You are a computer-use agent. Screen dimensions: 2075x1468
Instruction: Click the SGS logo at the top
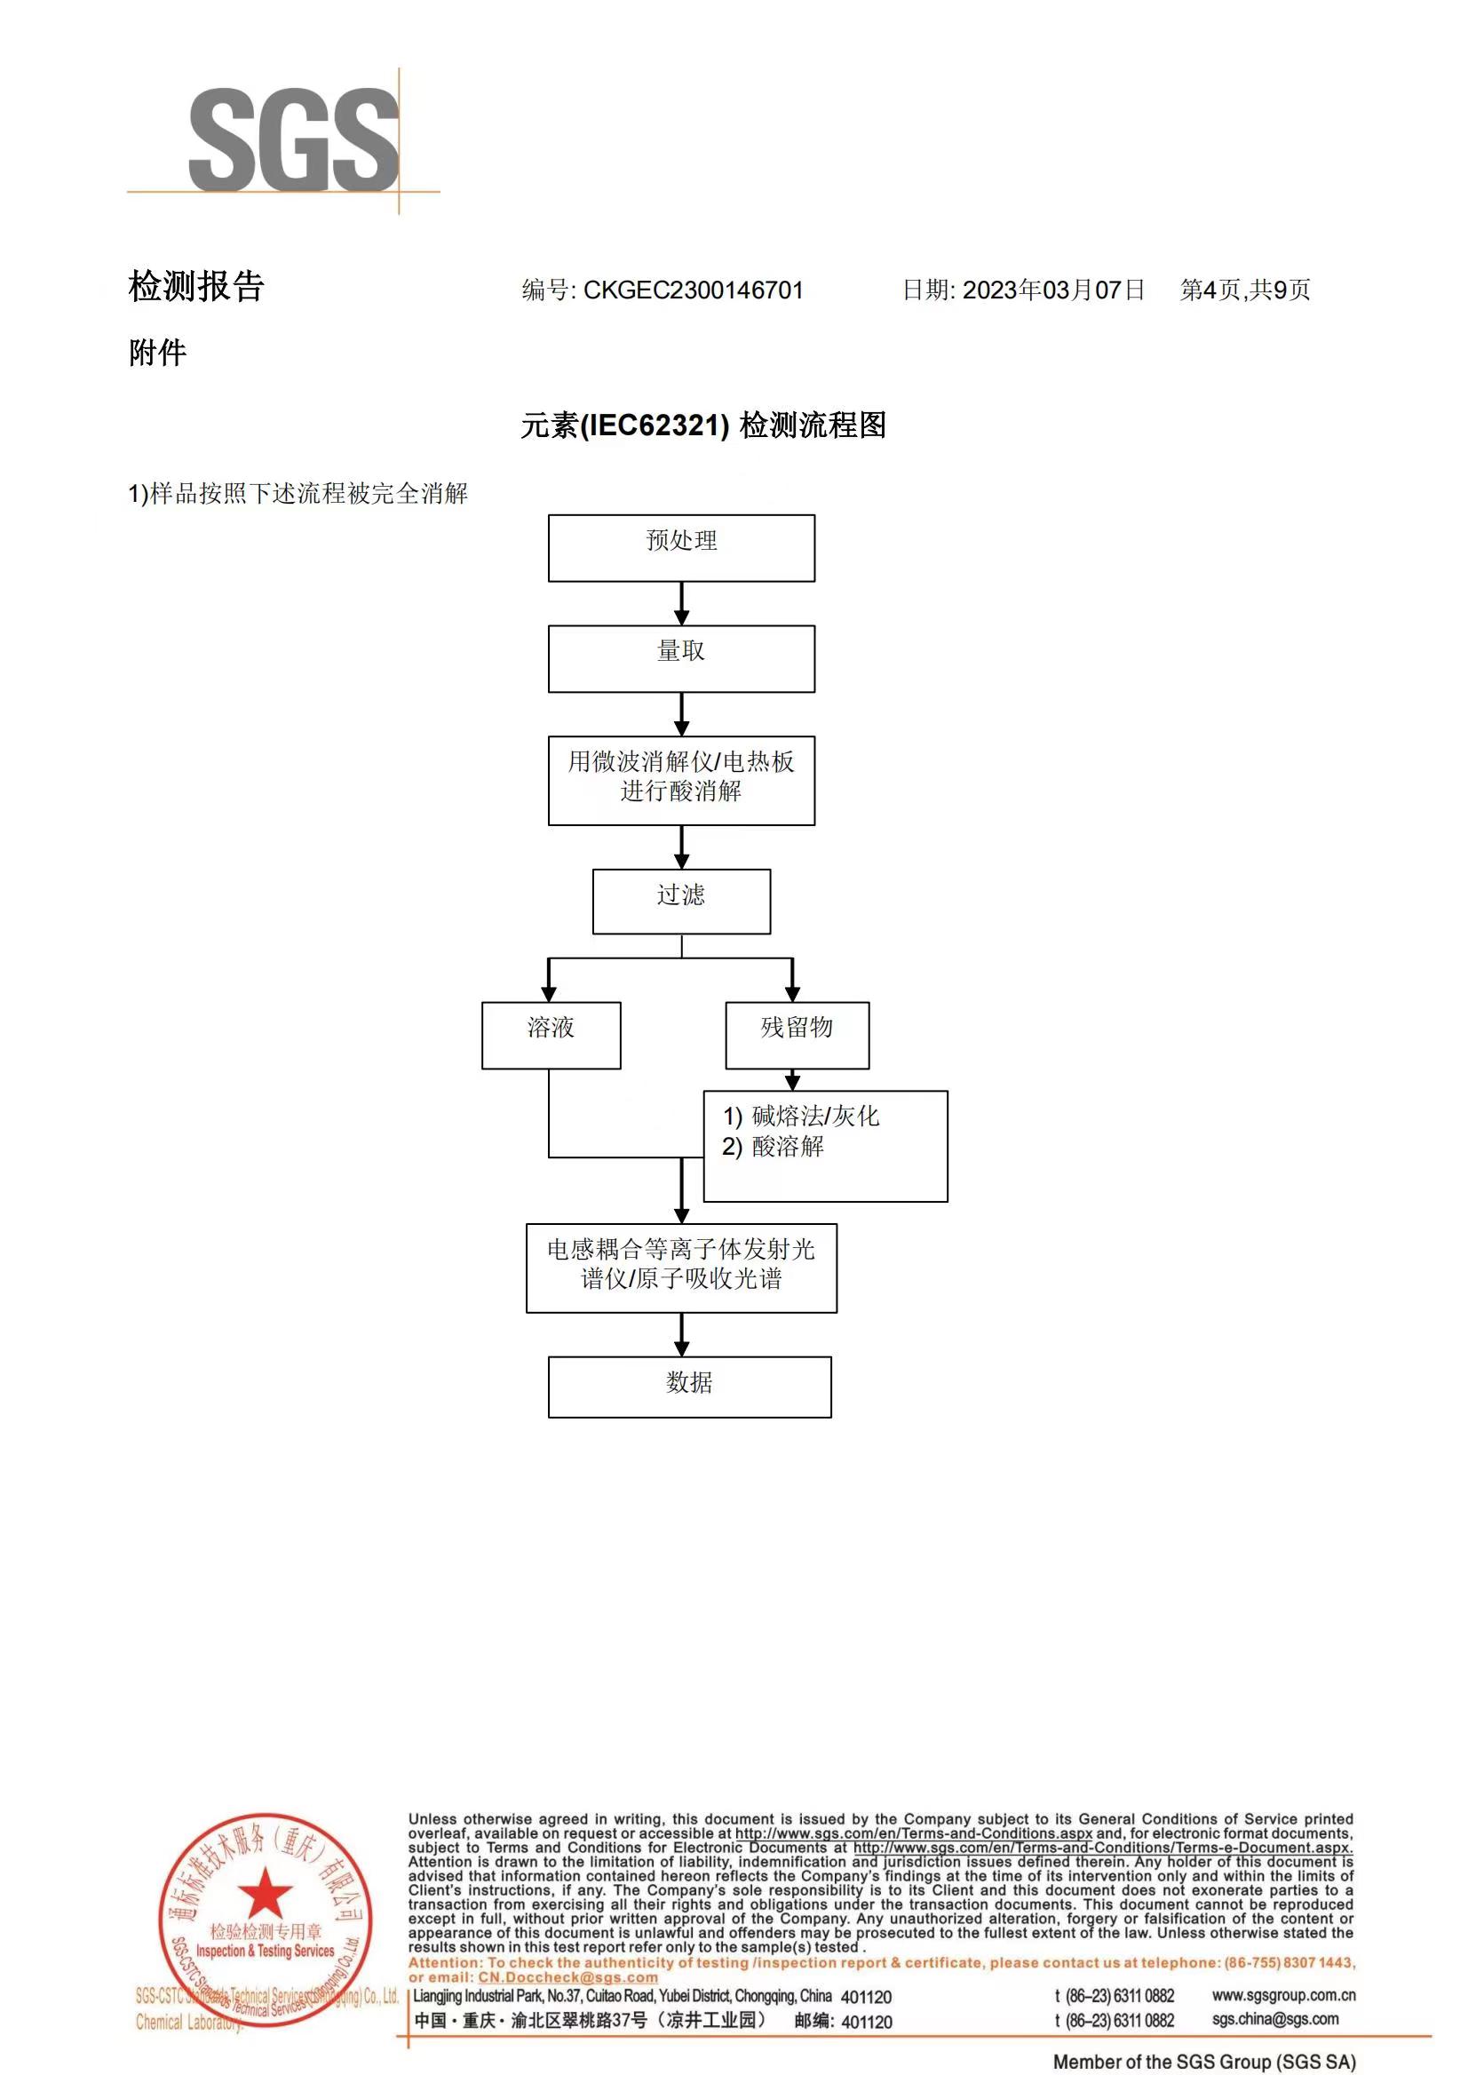[293, 140]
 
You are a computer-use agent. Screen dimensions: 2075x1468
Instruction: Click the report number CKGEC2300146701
[693, 290]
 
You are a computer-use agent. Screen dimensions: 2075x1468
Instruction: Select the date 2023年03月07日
[1053, 290]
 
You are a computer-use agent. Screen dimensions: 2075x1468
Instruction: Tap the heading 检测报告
[196, 287]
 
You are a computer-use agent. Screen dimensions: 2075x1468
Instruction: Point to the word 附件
[157, 353]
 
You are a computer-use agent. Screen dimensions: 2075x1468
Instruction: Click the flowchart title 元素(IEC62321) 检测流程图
[703, 425]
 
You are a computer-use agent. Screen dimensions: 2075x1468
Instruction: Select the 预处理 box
[680, 548]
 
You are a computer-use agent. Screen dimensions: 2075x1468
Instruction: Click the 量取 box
[680, 658]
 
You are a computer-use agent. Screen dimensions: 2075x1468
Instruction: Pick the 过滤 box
[680, 901]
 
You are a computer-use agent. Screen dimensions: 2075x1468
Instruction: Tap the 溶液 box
[551, 1034]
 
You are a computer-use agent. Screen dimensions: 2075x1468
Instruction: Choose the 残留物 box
[797, 1034]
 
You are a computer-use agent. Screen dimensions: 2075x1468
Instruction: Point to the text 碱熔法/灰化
[814, 1116]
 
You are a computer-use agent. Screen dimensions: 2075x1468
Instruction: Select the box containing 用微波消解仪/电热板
[680, 779]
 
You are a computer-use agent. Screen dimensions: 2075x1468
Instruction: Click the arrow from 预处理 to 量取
[681, 603]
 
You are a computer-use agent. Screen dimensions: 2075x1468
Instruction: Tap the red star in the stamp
[265, 1892]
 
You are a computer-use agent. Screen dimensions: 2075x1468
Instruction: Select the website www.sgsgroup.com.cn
[1282, 1995]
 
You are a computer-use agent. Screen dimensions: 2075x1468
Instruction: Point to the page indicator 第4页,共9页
[1245, 290]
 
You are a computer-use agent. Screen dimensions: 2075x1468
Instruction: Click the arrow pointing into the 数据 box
[681, 1333]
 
